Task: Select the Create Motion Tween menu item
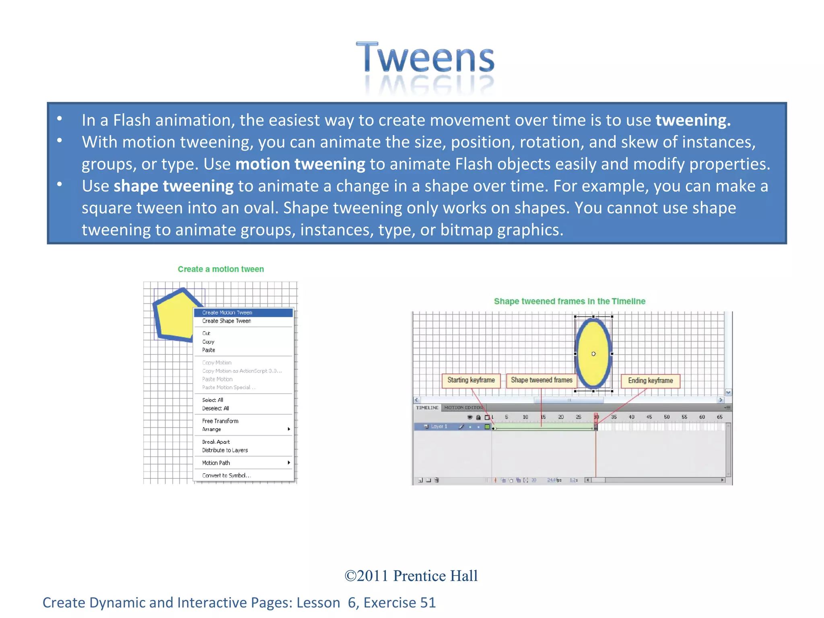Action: coord(227,313)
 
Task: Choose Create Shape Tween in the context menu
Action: coord(227,321)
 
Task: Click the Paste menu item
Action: coord(208,350)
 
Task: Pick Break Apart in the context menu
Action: coord(216,442)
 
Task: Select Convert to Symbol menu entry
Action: coord(226,476)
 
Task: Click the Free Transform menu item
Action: coord(220,421)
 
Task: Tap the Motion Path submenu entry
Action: coord(216,463)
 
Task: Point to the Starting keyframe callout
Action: coord(471,380)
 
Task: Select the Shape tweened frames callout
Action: coord(541,380)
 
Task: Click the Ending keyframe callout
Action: coord(650,381)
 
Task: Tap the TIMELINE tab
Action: coord(427,408)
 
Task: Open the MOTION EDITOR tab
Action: coord(463,408)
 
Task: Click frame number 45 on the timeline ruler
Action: coord(649,417)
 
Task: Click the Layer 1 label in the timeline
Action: coord(439,426)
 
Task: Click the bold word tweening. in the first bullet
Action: coord(693,120)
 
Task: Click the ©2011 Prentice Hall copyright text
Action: coord(411,576)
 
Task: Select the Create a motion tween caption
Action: coord(221,269)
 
